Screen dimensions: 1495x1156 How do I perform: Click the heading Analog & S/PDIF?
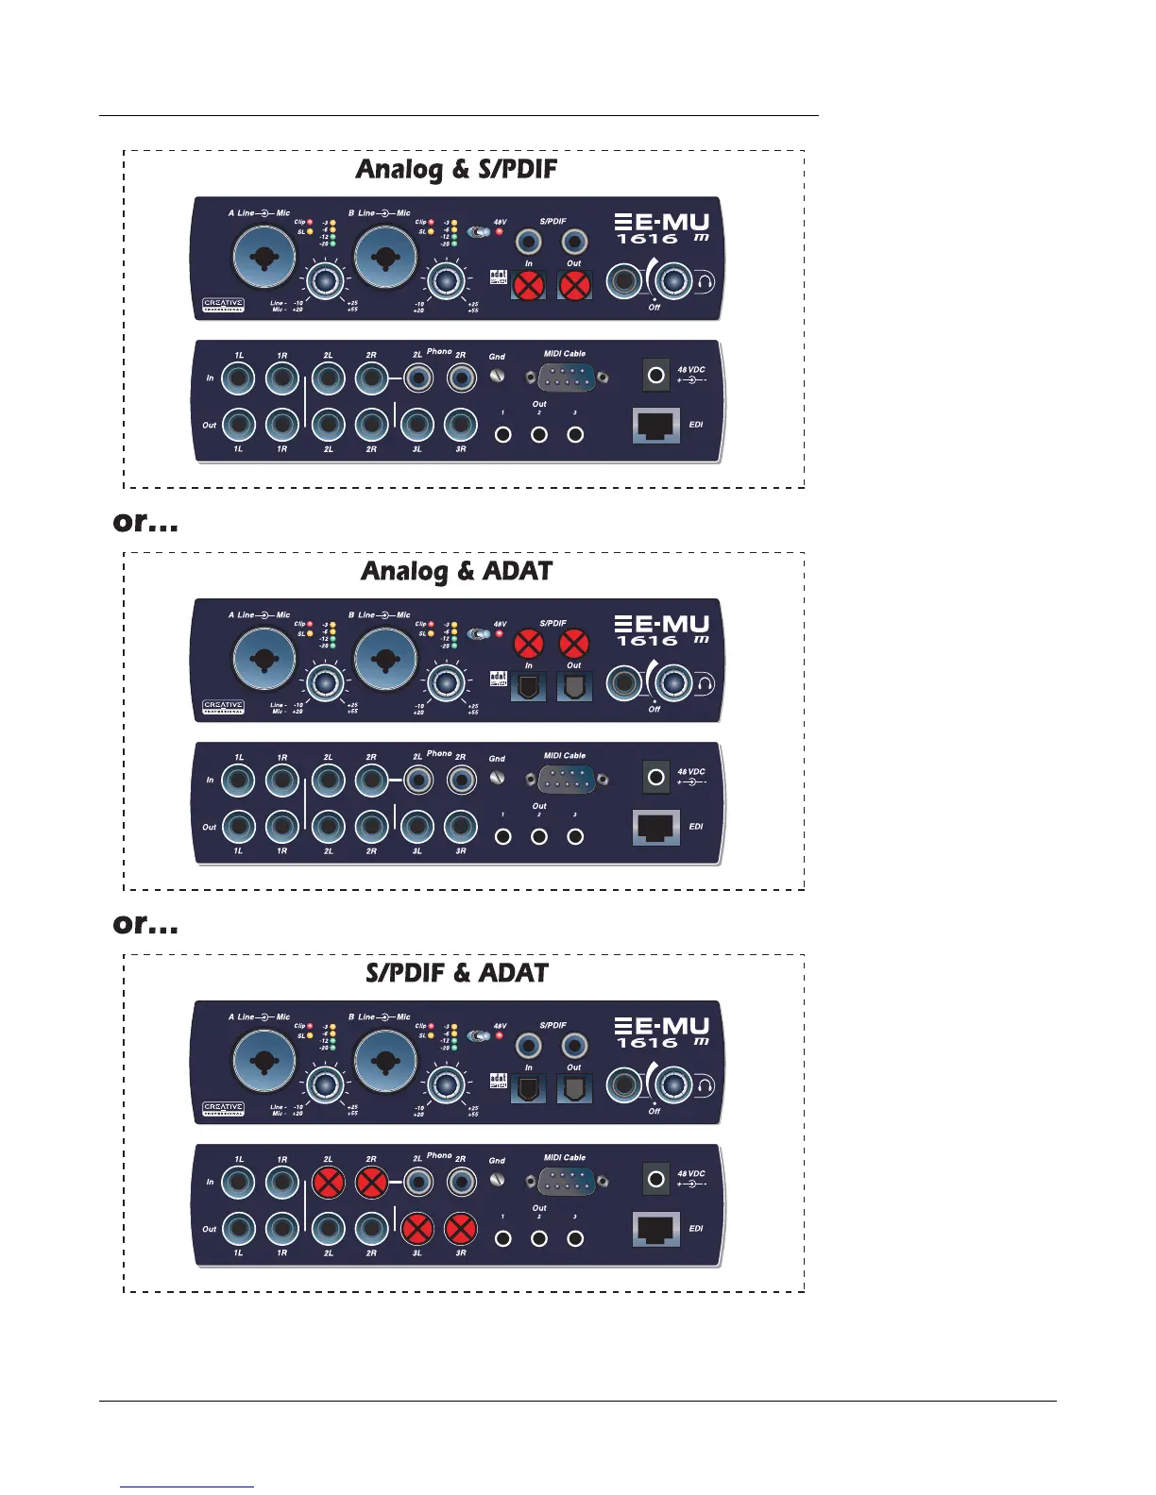(x=456, y=170)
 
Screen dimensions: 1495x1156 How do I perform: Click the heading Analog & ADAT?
(x=456, y=572)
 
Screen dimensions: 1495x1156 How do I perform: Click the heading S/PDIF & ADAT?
(x=456, y=974)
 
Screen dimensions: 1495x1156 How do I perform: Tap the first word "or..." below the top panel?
(x=145, y=522)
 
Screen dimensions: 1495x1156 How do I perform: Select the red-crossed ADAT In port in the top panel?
(x=528, y=285)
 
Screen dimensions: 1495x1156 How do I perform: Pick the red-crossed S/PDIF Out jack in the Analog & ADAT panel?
(x=574, y=644)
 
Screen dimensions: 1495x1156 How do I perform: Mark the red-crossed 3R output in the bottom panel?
(x=461, y=1229)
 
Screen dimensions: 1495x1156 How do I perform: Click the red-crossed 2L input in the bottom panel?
(x=328, y=1182)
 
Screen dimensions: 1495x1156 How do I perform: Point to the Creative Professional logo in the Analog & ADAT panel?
(x=224, y=706)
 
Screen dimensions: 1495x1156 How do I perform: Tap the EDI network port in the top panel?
(x=655, y=426)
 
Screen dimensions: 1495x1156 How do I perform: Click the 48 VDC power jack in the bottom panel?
(x=656, y=1179)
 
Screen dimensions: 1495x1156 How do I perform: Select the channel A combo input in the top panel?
(x=264, y=257)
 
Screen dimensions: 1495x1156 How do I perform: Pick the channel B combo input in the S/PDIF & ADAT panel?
(x=385, y=1060)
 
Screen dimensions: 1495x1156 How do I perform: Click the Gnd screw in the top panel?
(x=498, y=376)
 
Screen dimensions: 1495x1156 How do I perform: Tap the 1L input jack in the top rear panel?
(x=239, y=378)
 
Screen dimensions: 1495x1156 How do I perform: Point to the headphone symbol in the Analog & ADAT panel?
(x=705, y=683)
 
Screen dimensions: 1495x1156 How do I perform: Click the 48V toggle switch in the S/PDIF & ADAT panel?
(x=480, y=1035)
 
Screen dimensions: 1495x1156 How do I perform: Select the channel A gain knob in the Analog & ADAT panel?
(x=324, y=682)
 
